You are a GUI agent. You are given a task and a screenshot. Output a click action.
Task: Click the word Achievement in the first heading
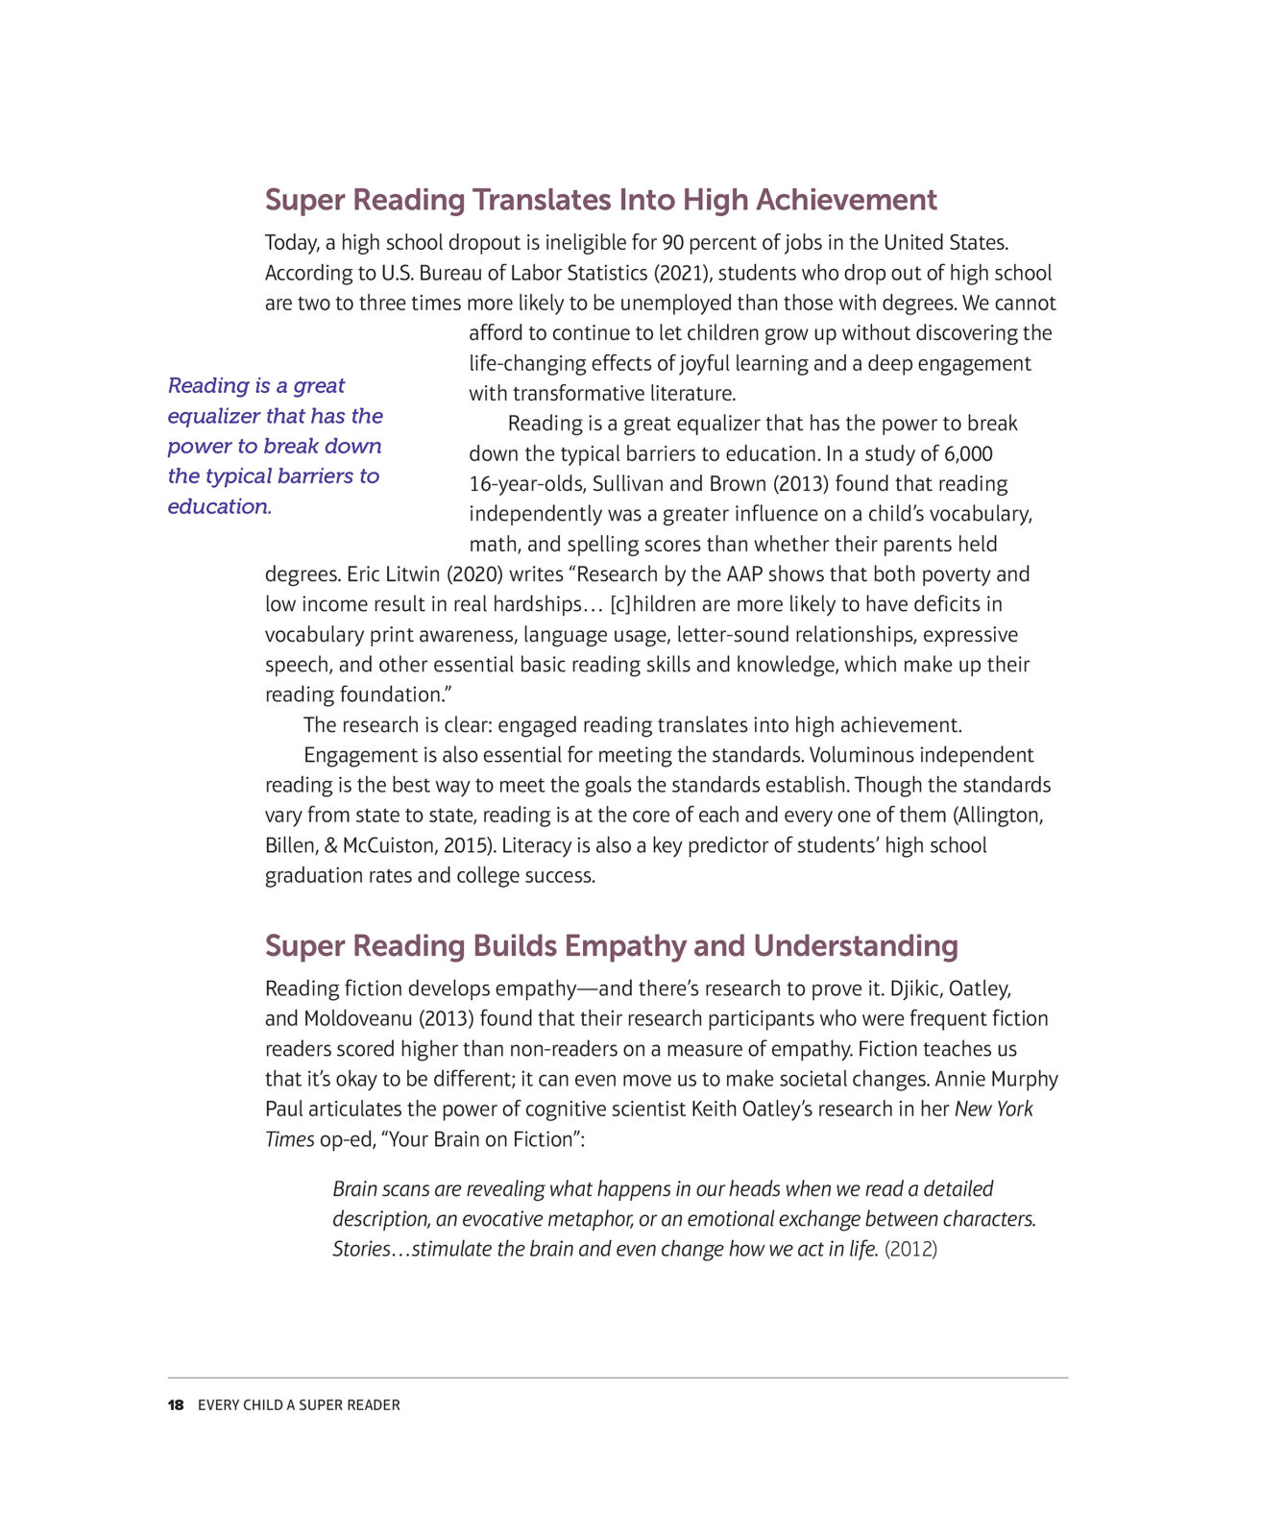(x=846, y=200)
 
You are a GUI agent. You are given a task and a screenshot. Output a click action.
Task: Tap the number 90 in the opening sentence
(x=674, y=242)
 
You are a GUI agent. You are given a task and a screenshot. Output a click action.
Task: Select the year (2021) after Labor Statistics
(x=682, y=273)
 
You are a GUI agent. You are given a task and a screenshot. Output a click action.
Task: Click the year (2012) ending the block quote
(x=910, y=1249)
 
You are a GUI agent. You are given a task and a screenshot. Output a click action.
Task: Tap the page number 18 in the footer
(x=176, y=1405)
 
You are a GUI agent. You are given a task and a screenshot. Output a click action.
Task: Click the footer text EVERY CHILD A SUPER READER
(x=299, y=1405)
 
